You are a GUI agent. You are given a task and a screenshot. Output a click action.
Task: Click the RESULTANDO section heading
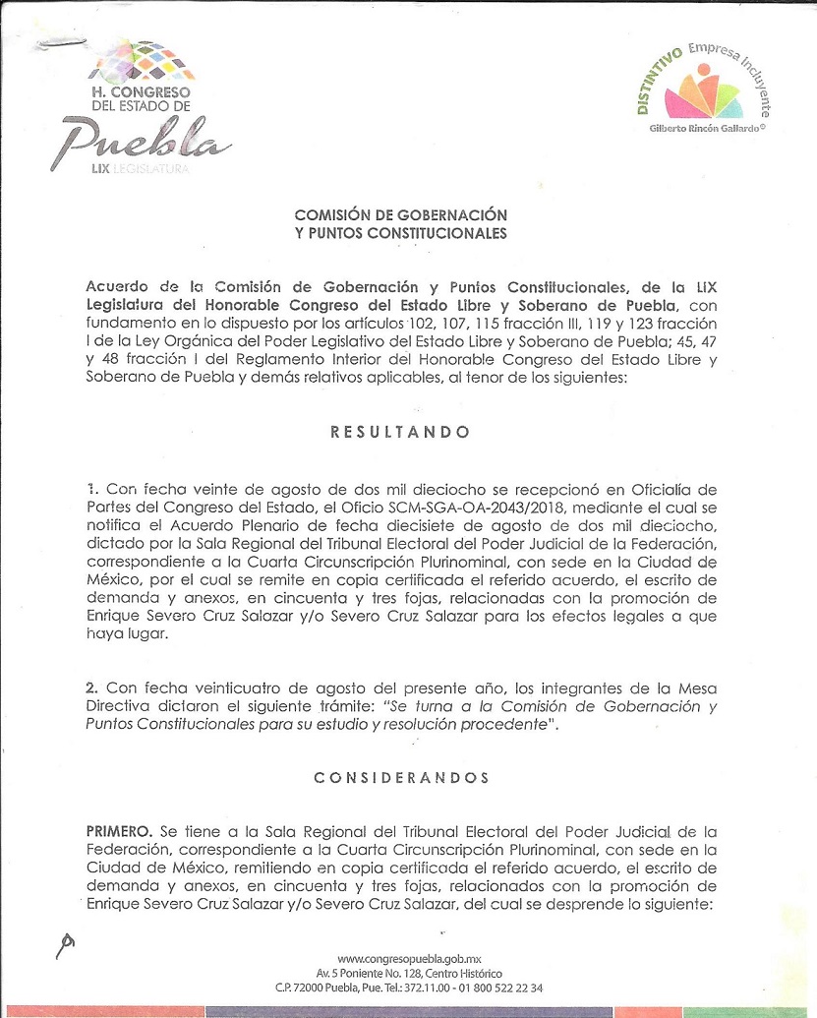point(400,433)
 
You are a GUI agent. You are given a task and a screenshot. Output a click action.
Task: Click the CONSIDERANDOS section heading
point(400,778)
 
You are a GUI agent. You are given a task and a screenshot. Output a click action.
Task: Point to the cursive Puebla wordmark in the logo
point(148,141)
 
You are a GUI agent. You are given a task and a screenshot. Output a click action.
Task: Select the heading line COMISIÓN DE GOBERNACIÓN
point(400,214)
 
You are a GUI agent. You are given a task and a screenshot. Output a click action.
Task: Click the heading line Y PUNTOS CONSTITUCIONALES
point(400,234)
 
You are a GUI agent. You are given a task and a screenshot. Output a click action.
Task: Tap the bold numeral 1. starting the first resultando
point(91,490)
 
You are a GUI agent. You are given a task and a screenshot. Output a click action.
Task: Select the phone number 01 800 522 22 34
point(493,987)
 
